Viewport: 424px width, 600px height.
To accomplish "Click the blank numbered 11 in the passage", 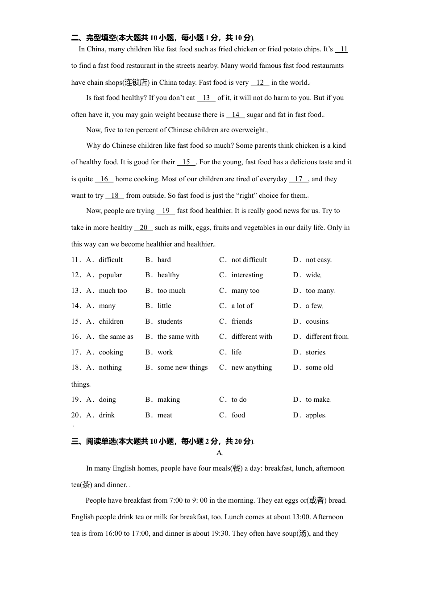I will pos(341,50).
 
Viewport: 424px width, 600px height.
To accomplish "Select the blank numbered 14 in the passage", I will pos(236,115).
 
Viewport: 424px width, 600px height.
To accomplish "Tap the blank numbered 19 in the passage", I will pos(166,211).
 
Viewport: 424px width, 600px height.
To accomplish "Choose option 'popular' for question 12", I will pos(110,275).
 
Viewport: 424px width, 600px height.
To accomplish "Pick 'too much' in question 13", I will pos(171,291).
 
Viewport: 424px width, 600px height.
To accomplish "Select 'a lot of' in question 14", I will pos(242,306).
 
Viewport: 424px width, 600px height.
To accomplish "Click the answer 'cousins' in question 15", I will pos(317,321).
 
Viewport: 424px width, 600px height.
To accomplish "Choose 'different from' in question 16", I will pos(327,337).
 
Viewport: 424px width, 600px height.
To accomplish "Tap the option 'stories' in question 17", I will pos(316,352).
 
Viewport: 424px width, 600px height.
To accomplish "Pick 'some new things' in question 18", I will pos(183,367).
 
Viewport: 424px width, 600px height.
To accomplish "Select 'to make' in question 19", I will pos(318,400).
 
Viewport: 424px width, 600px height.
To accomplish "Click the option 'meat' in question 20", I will pos(165,415).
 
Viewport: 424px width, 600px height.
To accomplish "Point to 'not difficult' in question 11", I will pos(249,260).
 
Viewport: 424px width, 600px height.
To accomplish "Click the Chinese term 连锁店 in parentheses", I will pos(136,83).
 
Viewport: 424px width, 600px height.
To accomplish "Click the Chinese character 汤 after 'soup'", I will pos(303,533).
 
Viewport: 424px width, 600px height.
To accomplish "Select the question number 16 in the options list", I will pos(75,337).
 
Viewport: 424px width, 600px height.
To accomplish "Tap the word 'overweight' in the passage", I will pos(248,130).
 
